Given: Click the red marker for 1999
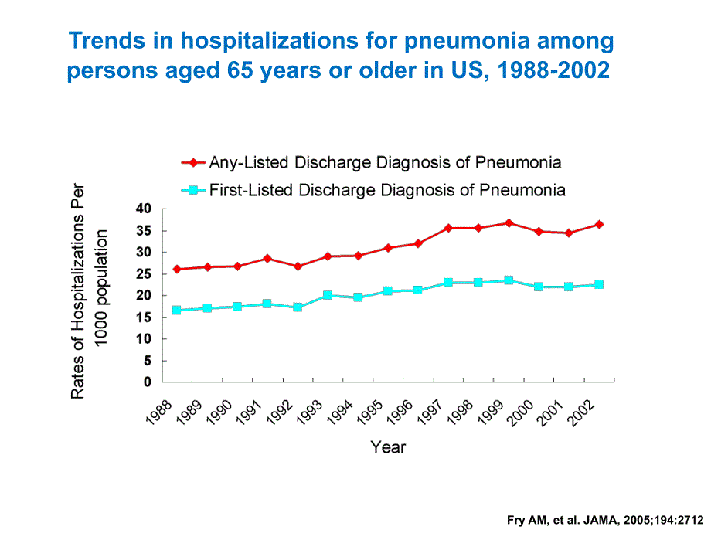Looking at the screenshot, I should point(509,223).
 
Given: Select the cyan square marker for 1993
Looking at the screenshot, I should point(328,295).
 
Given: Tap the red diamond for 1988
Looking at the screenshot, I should point(177,269).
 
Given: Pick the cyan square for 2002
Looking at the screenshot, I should point(599,284).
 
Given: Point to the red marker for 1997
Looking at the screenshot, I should point(448,228).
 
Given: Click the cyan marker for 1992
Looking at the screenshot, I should point(298,307).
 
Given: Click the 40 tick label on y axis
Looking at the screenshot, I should point(143,209).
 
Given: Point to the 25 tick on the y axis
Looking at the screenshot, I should point(143,274).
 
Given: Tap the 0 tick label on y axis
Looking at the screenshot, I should point(148,382).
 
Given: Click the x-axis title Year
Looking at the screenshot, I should point(388,447).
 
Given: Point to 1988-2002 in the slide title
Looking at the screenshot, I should point(553,70).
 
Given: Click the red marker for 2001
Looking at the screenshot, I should point(569,233).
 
